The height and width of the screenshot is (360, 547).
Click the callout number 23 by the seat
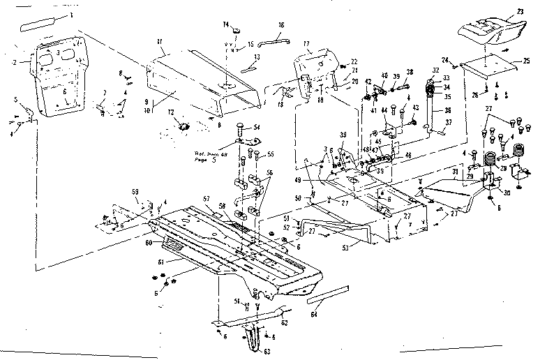pos(519,11)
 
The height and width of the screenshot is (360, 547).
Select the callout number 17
pos(307,43)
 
